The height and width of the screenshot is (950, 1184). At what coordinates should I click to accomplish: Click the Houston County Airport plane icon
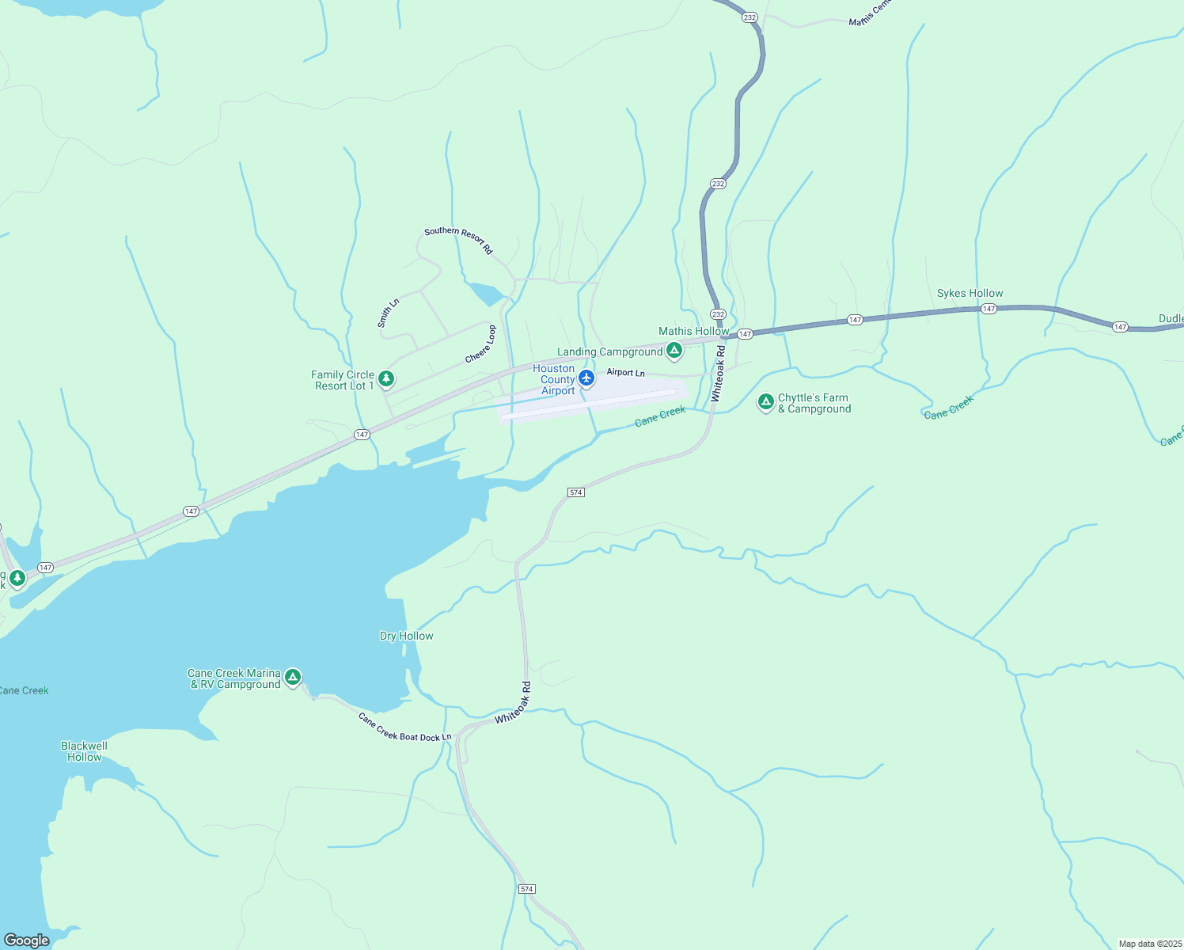586,378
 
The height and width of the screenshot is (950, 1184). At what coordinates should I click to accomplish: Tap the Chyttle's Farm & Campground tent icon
765,402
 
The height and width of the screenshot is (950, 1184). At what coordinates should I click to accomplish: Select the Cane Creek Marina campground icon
293,677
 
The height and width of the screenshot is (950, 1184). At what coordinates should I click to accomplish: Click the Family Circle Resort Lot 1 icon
386,379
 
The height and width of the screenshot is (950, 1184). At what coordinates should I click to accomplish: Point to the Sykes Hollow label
970,293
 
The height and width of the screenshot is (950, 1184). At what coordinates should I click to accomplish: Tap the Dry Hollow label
406,636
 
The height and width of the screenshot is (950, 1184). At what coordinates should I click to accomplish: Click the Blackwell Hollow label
84,751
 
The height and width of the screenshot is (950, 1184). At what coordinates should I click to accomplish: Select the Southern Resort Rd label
458,241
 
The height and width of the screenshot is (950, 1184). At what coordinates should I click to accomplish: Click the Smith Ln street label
388,313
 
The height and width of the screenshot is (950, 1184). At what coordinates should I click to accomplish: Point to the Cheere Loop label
480,344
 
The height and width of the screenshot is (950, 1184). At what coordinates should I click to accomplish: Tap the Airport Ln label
625,372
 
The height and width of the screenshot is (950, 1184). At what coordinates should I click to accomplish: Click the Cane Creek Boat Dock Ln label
404,727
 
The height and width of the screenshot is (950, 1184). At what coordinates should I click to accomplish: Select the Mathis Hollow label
693,331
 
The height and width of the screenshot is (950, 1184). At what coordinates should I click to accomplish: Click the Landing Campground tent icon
674,350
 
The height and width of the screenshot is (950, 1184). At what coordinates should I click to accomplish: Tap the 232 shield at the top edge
749,17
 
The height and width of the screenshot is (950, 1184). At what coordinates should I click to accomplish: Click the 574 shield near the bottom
527,889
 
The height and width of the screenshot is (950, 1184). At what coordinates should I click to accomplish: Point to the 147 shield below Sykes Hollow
988,309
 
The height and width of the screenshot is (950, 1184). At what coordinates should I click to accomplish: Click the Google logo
26,940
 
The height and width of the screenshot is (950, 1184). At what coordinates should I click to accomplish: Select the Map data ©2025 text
1149,944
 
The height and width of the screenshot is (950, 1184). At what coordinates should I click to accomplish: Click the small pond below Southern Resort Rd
485,294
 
